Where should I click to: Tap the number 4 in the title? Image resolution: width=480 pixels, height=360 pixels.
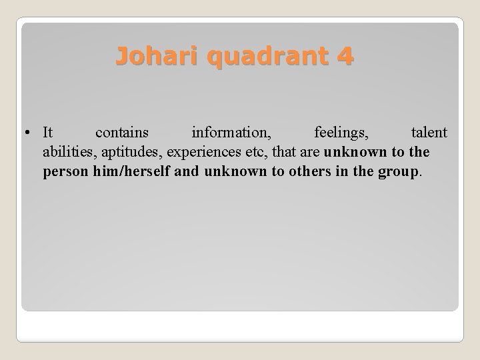[x=345, y=57]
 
